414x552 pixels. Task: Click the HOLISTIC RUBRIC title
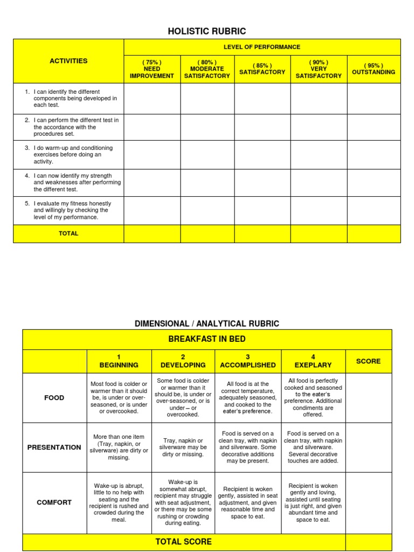tap(207, 31)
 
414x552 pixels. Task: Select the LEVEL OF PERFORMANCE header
tap(262, 47)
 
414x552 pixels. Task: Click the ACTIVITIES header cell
tap(68, 61)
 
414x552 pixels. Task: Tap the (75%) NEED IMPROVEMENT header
tap(151, 69)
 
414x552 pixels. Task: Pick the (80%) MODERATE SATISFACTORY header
tap(207, 69)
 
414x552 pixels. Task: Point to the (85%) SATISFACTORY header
tap(262, 69)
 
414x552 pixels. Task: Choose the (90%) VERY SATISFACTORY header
tap(318, 69)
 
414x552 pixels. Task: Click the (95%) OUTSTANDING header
tap(373, 68)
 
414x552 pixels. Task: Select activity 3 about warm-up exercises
tap(73, 155)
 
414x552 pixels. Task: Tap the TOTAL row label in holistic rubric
tap(68, 233)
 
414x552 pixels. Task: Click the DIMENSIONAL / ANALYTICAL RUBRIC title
tap(207, 323)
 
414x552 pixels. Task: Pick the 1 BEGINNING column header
tap(119, 361)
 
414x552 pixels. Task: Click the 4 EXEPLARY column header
tap(313, 361)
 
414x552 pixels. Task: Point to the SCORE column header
tap(368, 361)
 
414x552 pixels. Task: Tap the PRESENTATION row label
tap(54, 447)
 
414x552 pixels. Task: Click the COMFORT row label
tap(54, 502)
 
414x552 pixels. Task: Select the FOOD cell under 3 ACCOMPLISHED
tap(247, 397)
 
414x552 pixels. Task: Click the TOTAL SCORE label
tap(183, 542)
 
